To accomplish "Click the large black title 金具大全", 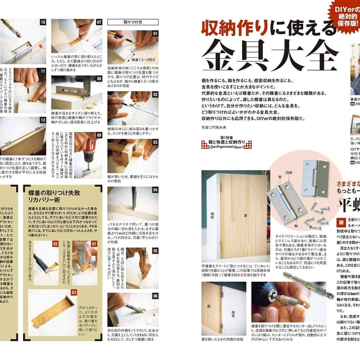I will click(x=270, y=55).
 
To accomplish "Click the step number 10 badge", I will click(x=43, y=22).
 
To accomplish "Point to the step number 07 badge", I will click(x=99, y=22).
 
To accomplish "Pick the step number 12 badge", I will click(x=43, y=120).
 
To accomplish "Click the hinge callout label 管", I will click(x=273, y=171).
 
